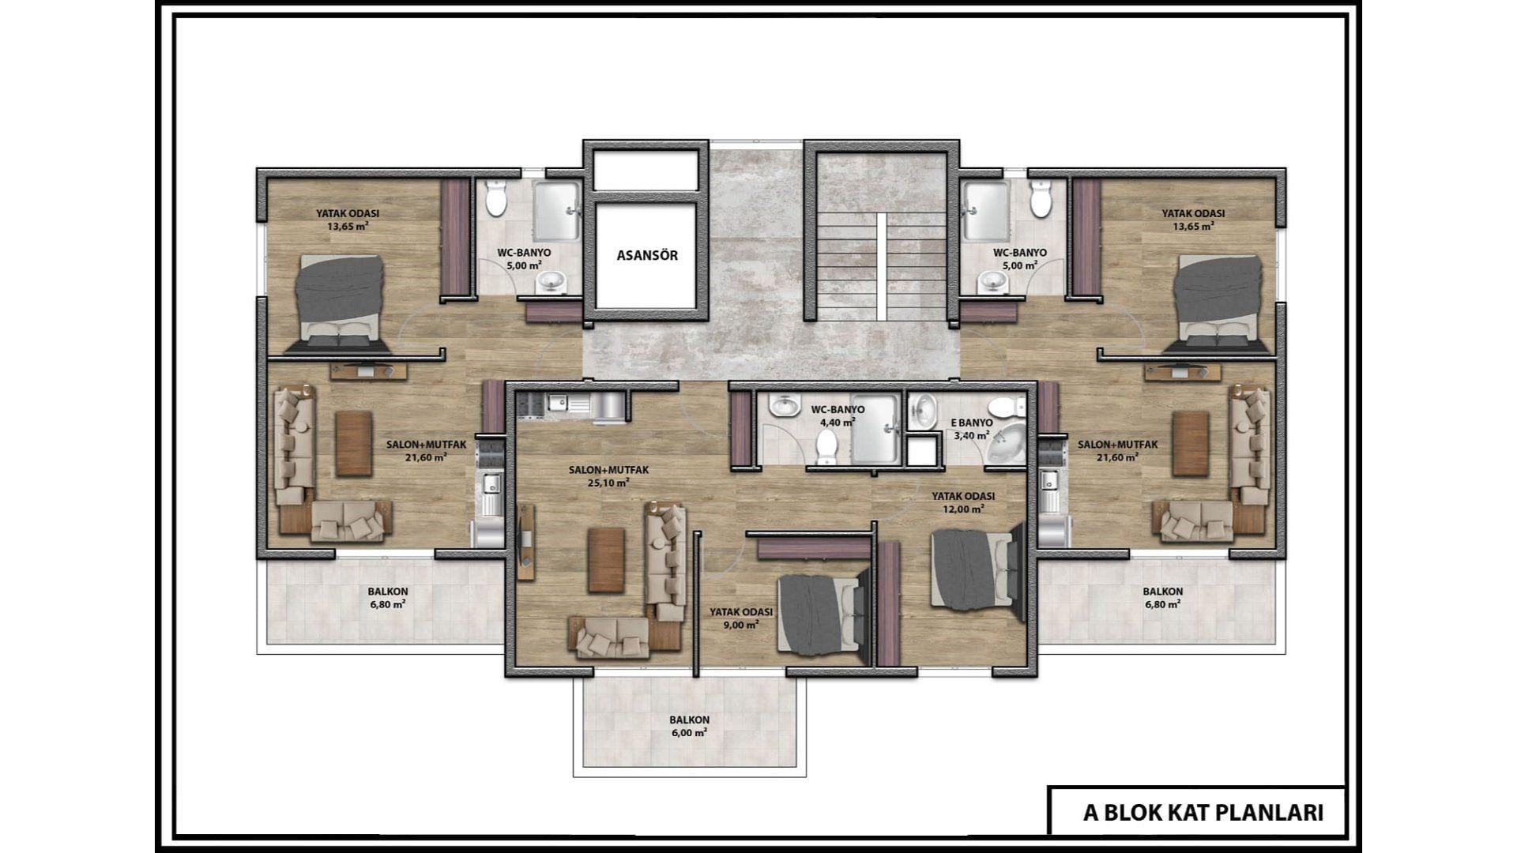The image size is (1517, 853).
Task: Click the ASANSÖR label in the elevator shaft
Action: tap(647, 255)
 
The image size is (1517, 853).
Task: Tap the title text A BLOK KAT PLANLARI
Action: tap(1203, 813)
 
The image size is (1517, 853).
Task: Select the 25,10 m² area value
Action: tap(608, 482)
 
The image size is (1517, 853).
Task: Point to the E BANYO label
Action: tap(971, 423)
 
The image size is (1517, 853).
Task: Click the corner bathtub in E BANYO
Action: tap(1007, 444)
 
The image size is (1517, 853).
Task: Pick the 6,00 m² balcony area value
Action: tap(689, 732)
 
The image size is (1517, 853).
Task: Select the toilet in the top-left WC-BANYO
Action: tap(496, 198)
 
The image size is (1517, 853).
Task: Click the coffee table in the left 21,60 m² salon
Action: tap(354, 444)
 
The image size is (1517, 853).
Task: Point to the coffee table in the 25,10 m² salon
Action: tap(606, 560)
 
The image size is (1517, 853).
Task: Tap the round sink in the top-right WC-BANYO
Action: tap(988, 280)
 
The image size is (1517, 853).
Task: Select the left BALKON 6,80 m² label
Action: tap(388, 598)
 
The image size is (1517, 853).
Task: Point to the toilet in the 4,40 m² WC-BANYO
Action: tap(826, 445)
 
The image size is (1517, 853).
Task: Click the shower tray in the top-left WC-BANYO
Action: tap(558, 210)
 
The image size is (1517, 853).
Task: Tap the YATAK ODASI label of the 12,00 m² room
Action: tap(962, 496)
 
